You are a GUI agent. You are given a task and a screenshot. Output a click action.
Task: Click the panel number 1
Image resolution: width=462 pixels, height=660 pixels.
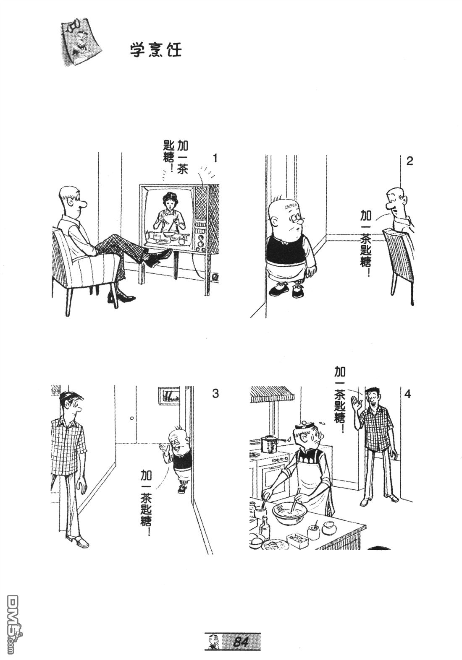[215, 158]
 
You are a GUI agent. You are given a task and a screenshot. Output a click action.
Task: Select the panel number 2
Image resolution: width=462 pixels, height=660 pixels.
[409, 161]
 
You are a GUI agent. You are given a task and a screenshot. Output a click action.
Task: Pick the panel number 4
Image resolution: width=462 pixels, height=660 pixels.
[407, 394]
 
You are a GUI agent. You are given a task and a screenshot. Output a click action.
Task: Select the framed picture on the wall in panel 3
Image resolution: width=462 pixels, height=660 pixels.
[170, 396]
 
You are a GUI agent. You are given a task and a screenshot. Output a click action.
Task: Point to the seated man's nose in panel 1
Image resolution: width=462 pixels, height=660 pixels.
[84, 202]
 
